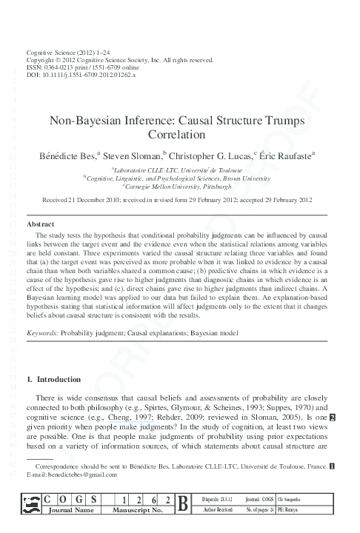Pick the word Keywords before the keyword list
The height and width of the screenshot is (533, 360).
(42, 335)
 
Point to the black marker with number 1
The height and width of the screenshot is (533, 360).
(332, 466)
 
